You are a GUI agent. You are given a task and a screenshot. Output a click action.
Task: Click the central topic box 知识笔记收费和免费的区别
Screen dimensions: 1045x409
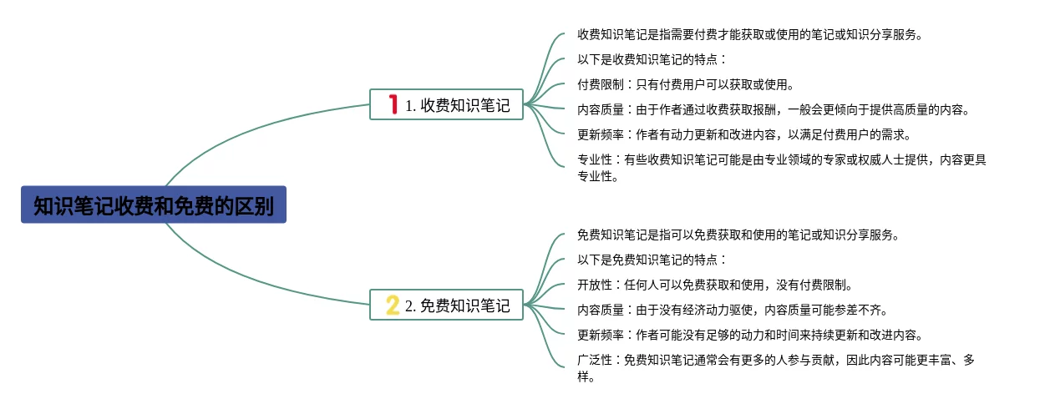point(154,205)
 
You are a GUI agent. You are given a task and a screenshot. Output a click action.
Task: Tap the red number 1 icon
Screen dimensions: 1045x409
point(393,105)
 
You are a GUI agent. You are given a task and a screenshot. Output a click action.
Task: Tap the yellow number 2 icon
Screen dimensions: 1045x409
point(393,305)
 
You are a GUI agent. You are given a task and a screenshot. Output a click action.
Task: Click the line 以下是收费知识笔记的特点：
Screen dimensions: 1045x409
point(652,59)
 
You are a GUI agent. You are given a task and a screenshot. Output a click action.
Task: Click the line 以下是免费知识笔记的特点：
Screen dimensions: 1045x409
point(652,260)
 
